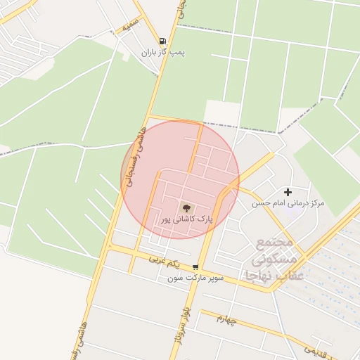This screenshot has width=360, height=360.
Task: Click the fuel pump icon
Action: (x=163, y=41)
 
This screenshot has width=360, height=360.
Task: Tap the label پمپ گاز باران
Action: (x=163, y=53)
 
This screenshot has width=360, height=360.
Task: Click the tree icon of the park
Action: (x=186, y=208)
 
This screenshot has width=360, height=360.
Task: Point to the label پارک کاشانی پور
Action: (x=185, y=220)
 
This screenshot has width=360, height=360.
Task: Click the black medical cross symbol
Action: (x=288, y=192)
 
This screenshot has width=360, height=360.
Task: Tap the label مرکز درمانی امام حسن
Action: (x=288, y=203)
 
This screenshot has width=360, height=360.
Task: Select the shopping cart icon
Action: (x=195, y=267)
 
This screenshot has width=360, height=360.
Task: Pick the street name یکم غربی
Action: (x=165, y=262)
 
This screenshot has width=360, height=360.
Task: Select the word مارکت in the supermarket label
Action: (x=197, y=278)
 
